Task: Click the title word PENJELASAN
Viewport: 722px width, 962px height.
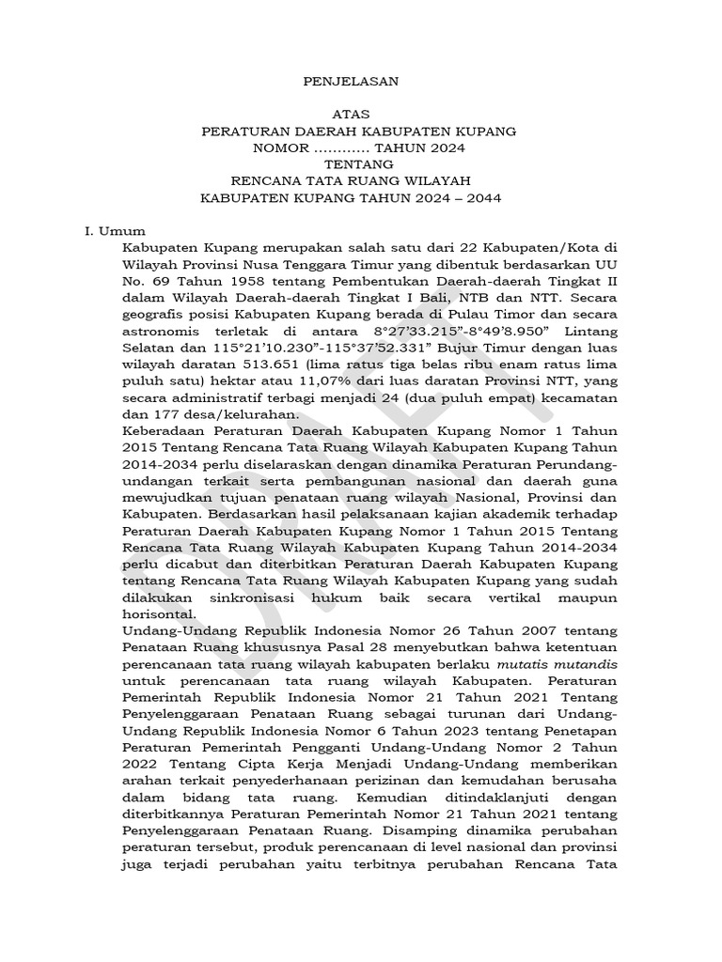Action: coord(351,81)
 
